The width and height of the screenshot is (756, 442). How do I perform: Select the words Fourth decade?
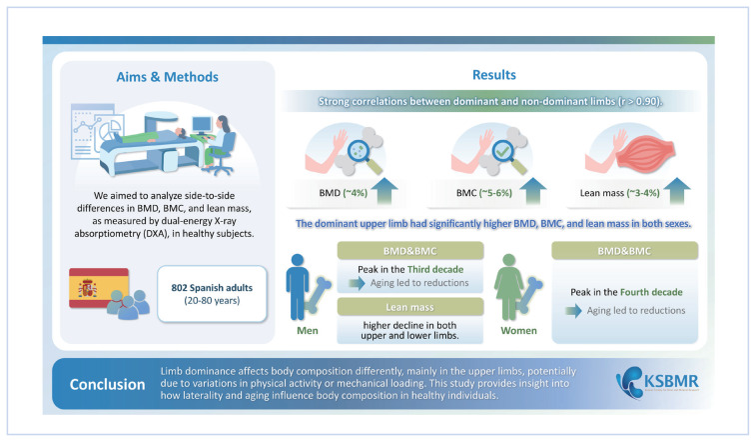(653, 291)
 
